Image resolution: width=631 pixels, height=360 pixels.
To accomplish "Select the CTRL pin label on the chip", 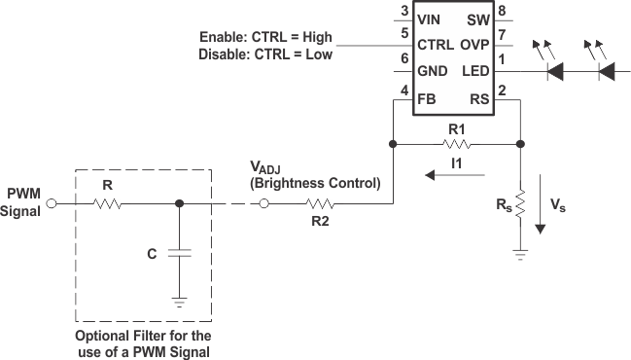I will tap(434, 44).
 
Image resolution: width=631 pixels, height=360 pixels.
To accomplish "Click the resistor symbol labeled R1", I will tap(458, 143).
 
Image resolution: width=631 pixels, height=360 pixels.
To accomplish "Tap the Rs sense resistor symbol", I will tap(520, 205).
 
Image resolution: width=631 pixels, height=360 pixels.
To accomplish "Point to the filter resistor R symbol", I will tap(107, 204).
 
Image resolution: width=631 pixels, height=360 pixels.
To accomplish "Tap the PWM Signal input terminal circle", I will tap(53, 204).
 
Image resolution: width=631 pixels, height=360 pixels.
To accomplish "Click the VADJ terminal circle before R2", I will tap(263, 204).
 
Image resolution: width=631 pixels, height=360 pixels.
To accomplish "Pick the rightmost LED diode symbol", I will tap(606, 71).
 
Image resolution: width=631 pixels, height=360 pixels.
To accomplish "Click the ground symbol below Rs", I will tap(520, 255).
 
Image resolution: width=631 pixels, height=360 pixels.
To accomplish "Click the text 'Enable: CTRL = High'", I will tap(264, 37).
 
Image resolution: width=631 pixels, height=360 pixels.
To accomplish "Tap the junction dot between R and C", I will tap(178, 204).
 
